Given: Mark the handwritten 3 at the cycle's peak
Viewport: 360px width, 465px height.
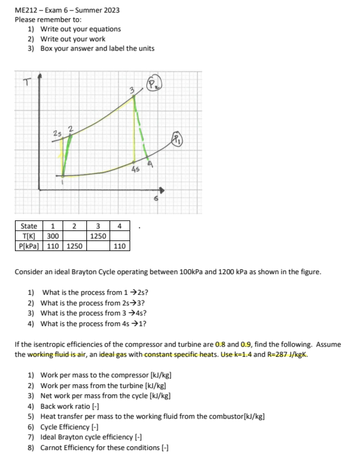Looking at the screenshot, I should click(x=131, y=90).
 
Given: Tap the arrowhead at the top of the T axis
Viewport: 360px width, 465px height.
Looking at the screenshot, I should click(x=40, y=76).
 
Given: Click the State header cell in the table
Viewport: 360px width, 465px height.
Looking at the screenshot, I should click(x=28, y=227).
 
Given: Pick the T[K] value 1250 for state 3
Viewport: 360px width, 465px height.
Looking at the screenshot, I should click(x=97, y=236).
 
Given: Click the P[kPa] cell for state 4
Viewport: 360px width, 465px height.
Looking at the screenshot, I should click(x=120, y=246).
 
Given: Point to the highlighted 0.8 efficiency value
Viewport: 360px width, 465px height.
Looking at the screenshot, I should click(x=220, y=345).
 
